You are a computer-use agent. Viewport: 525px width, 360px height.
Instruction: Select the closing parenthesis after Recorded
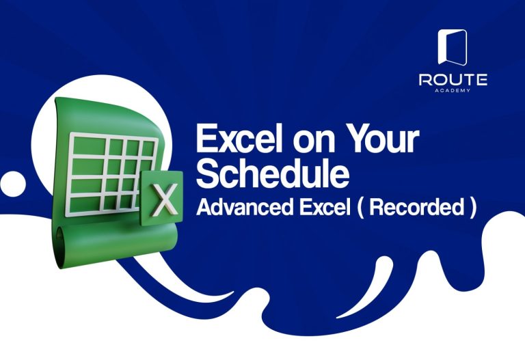click(472, 208)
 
